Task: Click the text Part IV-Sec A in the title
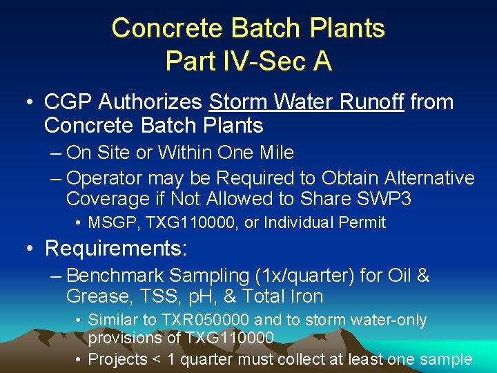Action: tap(248, 61)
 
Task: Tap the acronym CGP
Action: tap(68, 102)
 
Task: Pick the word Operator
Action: tap(104, 178)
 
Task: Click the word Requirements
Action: tap(115, 247)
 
